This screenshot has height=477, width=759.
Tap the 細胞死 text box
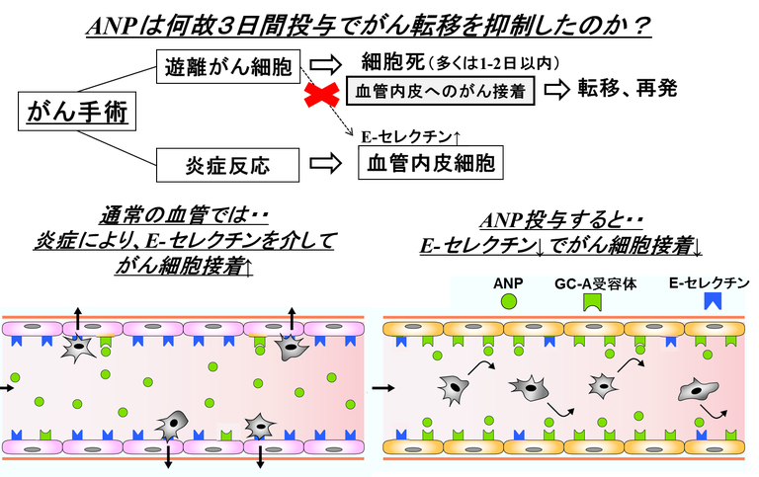pos(460,63)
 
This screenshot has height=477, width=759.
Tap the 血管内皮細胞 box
pos(430,163)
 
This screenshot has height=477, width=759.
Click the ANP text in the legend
pos(507,281)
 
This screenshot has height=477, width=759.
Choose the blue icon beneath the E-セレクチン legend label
pos(711,302)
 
